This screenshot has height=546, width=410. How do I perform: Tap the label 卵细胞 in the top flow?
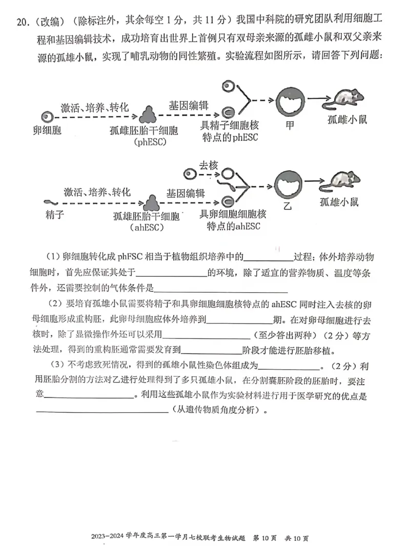coord(47,130)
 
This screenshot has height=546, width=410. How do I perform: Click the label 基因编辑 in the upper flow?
coord(189,105)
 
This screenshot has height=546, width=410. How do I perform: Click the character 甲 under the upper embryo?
coord(290,125)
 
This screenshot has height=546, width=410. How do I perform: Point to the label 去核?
coord(209,165)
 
